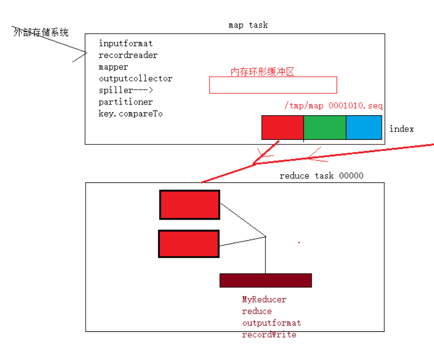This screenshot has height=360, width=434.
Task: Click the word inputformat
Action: [x=126, y=44]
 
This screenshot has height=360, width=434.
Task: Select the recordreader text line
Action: [x=128, y=55]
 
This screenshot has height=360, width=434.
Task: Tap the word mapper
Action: [x=113, y=67]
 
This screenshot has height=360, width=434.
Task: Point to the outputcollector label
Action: [x=135, y=79]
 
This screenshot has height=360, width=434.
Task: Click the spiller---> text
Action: [x=126, y=90]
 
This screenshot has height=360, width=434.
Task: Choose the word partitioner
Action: [x=126, y=102]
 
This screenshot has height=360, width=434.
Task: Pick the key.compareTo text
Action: [x=131, y=114]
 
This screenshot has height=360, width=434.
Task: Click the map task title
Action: [x=248, y=25]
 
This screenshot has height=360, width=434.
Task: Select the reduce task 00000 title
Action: [x=321, y=176]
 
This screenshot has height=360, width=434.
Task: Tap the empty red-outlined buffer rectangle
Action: [x=273, y=85]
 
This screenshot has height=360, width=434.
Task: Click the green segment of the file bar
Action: [x=325, y=128]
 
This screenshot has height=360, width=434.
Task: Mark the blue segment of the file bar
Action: [x=364, y=128]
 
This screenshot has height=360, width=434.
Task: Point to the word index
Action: [x=401, y=129]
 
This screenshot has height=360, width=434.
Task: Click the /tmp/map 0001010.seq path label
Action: [x=333, y=106]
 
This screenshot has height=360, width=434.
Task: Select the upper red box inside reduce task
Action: [x=190, y=205]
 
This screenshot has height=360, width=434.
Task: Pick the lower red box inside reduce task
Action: [x=189, y=244]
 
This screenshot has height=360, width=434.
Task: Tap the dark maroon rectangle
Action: [x=265, y=280]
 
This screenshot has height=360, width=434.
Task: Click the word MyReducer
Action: [x=264, y=299]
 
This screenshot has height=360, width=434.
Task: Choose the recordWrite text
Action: [x=269, y=335]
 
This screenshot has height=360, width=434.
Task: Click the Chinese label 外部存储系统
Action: [x=41, y=32]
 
